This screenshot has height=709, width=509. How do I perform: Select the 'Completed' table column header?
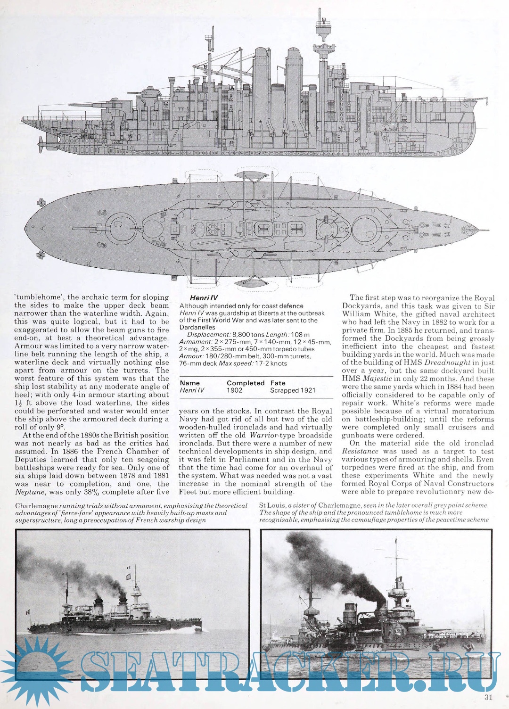click(245, 383)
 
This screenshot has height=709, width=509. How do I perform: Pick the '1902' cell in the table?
click(235, 390)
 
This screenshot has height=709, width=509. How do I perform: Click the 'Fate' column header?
click(278, 383)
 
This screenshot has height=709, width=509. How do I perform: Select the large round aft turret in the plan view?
click(120, 225)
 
